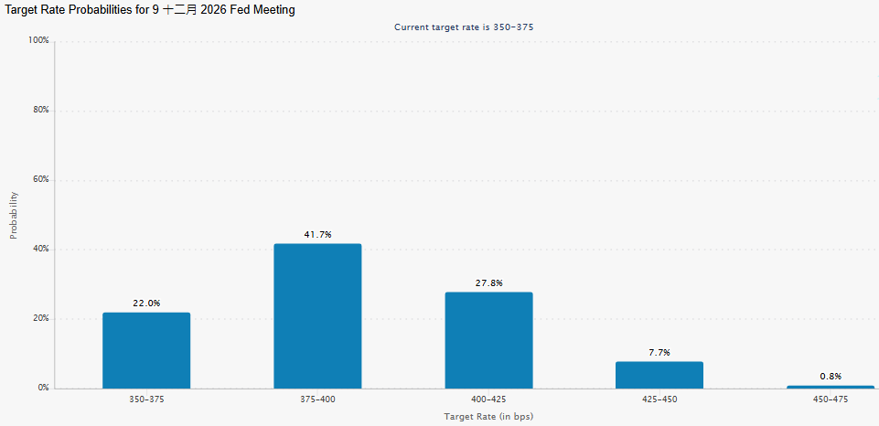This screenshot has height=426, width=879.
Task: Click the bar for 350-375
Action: click(146, 350)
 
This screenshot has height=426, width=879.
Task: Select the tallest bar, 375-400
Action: click(317, 316)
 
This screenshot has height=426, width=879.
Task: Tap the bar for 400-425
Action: click(488, 340)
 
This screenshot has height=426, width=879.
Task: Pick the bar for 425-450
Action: click(659, 375)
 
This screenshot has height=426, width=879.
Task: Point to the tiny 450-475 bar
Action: click(831, 387)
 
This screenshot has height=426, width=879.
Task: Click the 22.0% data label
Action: click(146, 304)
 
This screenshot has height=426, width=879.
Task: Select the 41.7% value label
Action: click(318, 234)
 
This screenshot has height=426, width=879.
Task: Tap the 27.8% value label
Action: click(488, 283)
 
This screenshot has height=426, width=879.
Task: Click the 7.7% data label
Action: click(659, 353)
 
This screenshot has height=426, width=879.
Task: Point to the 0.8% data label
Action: click(831, 377)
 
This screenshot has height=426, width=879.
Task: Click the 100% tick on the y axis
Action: click(39, 41)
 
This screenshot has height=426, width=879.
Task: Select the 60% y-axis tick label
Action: click(41, 180)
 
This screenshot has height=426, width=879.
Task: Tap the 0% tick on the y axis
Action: click(44, 388)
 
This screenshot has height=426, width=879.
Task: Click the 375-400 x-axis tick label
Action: click(318, 399)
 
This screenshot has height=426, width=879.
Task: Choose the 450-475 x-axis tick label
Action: click(831, 399)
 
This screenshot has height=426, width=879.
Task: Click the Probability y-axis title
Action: click(14, 216)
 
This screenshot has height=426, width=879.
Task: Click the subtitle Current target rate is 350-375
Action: click(464, 27)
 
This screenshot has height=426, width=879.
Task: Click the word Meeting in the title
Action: click(273, 11)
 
